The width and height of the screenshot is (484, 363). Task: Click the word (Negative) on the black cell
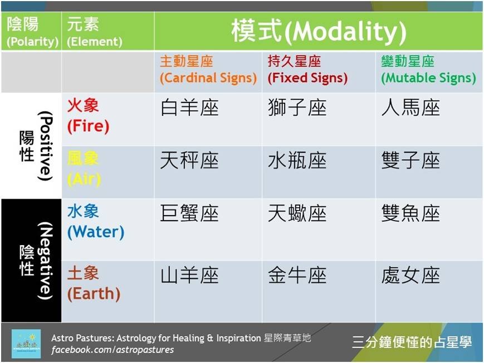(x=45, y=261)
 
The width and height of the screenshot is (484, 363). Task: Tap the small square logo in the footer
(x=26, y=344)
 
